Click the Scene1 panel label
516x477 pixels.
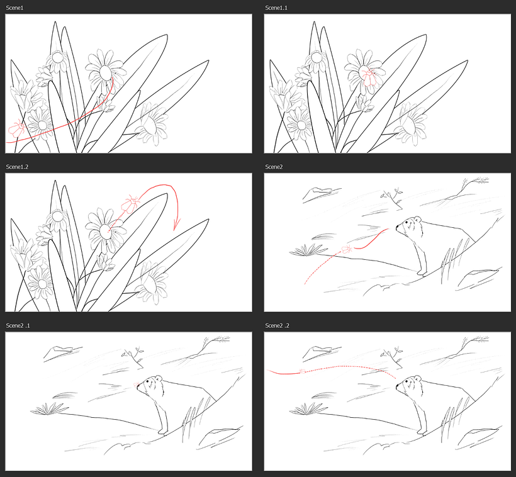coord(15,8)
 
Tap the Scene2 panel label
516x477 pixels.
coord(274,166)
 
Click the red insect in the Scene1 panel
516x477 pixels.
coord(16,130)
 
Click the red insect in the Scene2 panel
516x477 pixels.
coord(346,250)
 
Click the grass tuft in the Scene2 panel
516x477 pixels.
coord(306,250)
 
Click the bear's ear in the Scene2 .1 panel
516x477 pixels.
coord(159,379)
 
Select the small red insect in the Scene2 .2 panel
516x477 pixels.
coord(303,370)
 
